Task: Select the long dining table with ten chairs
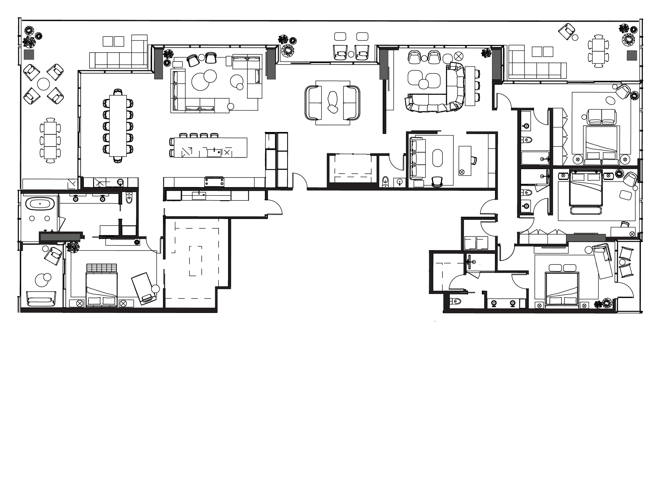(118, 126)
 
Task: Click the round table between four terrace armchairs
(44, 84)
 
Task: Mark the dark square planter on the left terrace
(29, 55)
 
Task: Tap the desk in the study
(465, 160)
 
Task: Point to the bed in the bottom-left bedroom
(102, 289)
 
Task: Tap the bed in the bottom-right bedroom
(562, 289)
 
